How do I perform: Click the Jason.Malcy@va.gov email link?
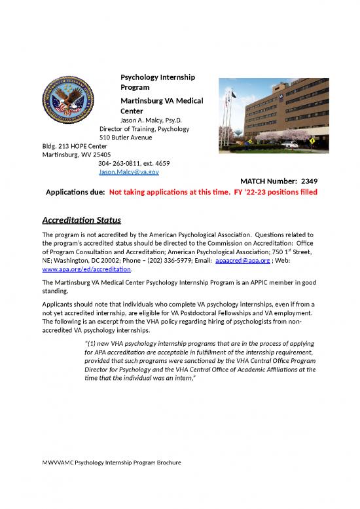point(128,172)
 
